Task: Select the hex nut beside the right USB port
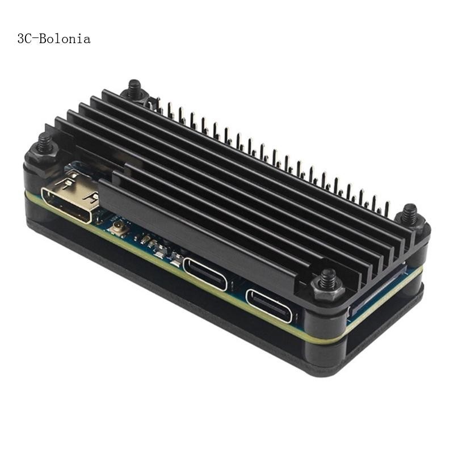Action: [327, 289]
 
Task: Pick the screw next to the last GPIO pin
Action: [409, 216]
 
